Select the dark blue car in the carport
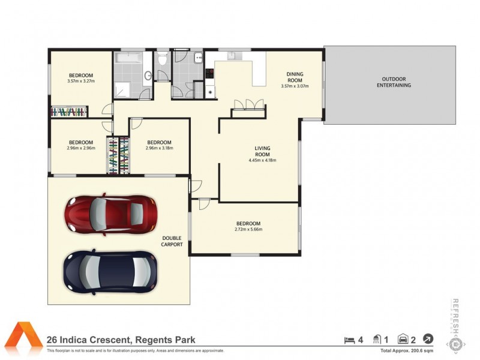point(110,271)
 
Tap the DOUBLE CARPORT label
point(171,241)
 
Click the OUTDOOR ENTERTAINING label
point(394,82)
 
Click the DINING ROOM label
point(294,77)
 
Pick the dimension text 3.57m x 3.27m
point(81,81)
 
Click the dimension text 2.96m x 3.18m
point(160,148)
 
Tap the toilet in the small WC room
point(162,63)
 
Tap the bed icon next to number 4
point(349,340)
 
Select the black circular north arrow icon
point(428,339)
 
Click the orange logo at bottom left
point(24,339)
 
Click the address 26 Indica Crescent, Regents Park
point(121,340)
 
